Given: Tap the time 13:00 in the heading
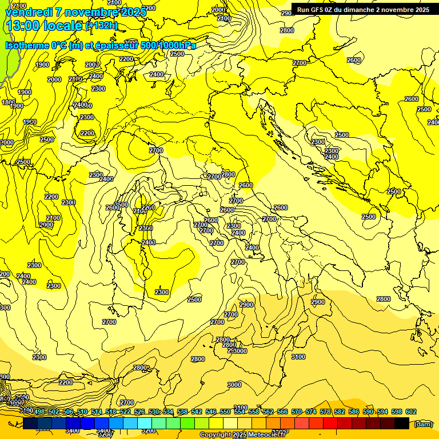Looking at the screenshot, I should (22, 25).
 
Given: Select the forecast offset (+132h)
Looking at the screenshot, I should (101, 25).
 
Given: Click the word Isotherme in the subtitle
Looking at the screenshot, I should (26, 45).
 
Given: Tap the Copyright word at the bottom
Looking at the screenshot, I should (215, 435).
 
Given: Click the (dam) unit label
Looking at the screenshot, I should (423, 424).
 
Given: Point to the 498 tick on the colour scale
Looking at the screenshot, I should (39, 412).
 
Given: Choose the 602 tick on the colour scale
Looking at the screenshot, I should (411, 412).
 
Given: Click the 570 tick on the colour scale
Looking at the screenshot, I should (297, 412).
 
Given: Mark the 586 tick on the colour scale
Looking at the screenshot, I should (354, 412).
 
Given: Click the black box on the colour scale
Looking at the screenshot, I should (402, 423).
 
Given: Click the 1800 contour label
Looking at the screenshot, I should (9, 102).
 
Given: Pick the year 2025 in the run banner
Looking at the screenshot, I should (421, 10).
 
